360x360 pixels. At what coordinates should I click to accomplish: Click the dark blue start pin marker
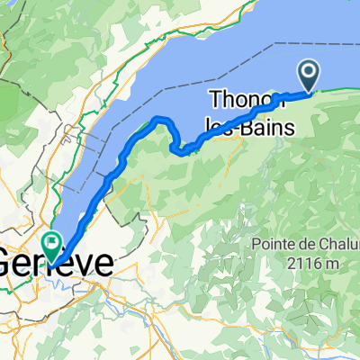pos(309,73)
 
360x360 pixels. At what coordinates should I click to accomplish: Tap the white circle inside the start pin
pos(309,70)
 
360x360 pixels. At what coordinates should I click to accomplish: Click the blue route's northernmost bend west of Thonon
pos(161,119)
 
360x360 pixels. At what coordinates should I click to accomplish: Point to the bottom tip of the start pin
pos(309,89)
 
